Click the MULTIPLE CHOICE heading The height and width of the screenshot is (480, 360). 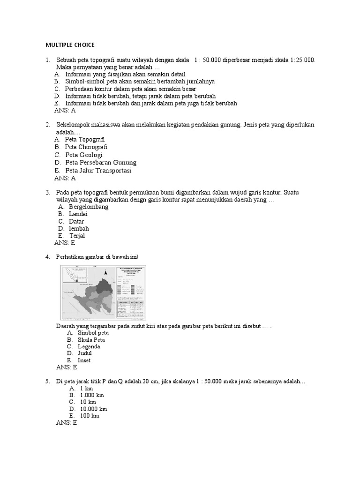point(70,45)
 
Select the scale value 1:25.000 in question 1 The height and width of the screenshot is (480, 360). point(303,60)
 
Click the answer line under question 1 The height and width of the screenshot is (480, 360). point(65,111)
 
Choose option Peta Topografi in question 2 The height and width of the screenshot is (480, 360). point(84,140)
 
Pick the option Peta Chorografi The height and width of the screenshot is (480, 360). point(87,147)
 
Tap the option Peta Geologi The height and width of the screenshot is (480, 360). point(83,155)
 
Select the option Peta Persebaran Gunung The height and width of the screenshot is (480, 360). point(100,163)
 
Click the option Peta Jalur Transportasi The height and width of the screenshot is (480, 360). point(98,171)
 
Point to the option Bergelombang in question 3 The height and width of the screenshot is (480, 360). point(89,207)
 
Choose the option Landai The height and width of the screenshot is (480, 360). point(78,214)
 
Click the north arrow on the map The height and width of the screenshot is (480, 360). point(106,271)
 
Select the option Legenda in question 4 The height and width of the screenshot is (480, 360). point(89,346)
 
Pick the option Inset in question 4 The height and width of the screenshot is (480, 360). point(84,360)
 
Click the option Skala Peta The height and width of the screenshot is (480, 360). point(91,339)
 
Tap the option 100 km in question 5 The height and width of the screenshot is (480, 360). point(89,416)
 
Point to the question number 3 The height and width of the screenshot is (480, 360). point(48,193)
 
